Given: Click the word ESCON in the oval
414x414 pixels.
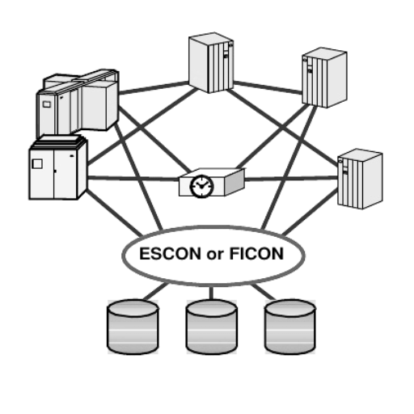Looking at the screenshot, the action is coord(170,254).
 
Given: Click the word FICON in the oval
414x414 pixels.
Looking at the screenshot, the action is coord(256,254).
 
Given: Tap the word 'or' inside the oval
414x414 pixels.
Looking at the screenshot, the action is coord(215,255).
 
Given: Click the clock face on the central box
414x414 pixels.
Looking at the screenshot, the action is coord(202,186).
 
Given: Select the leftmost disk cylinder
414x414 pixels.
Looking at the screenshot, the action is coord(133,327).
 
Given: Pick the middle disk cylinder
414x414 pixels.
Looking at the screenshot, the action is coord(212,327).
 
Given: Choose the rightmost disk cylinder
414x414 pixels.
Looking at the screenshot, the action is coord(290,327).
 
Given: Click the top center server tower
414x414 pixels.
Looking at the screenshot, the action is coord(211,62).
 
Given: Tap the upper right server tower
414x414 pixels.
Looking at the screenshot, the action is coord(324,78).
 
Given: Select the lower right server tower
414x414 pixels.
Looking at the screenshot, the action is coord(360,179).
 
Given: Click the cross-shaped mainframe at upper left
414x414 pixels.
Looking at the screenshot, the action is coord(78,103).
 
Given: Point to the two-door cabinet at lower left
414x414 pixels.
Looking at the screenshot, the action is coord(58,167).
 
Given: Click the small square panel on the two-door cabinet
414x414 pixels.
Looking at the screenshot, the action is coord(37,164).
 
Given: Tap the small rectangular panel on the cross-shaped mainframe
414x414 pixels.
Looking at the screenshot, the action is coord(46,104).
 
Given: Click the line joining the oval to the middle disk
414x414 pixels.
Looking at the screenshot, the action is coord(211,293).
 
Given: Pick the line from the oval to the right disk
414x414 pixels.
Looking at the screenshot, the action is coord(264,292).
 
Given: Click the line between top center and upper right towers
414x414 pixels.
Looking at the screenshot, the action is coord(268,87).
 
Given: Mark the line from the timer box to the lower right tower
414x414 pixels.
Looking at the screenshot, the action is coord(291,178).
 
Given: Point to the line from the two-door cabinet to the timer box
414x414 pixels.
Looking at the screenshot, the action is coord(133,178).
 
